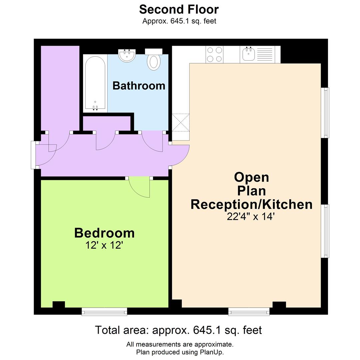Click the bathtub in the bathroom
[95, 83]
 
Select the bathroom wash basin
[127, 56]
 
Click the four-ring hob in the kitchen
[214, 55]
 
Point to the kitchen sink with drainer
[257, 54]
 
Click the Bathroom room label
[139, 86]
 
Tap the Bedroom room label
[104, 233]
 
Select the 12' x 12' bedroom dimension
[104, 246]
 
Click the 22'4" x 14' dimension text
[251, 217]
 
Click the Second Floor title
[179, 9]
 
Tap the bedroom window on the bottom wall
[104, 311]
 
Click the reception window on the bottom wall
[249, 311]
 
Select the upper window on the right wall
[325, 113]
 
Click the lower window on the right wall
[325, 231]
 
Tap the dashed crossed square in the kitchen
[181, 122]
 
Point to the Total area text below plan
[179, 330]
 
